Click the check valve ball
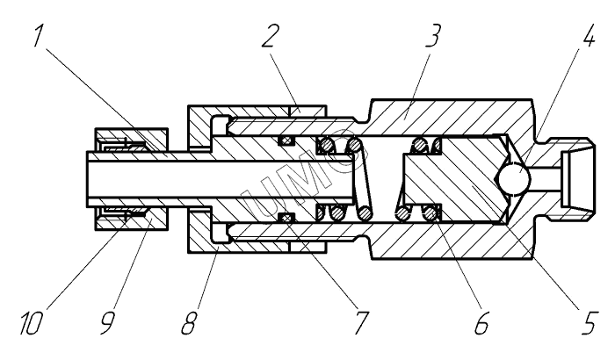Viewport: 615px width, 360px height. (511, 180)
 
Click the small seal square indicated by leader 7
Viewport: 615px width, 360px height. (283, 216)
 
